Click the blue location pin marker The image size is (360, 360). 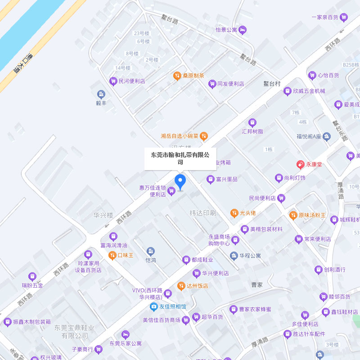click(x=180, y=182)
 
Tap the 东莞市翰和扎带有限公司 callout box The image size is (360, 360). click(x=180, y=158)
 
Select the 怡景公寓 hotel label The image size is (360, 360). click(x=226, y=30)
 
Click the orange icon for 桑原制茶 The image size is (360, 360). click(x=177, y=76)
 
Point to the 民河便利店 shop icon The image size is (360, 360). click(x=113, y=81)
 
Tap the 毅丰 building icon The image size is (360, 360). click(x=101, y=94)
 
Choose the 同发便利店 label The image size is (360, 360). click(x=230, y=84)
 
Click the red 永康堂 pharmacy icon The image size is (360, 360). click(x=300, y=165)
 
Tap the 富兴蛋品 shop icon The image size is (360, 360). click(x=210, y=179)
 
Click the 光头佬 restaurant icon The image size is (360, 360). click(x=234, y=212)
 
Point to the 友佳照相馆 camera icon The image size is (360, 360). click(x=153, y=306)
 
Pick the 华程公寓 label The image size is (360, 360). click(x=250, y=256)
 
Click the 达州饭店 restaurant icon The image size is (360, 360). click(x=181, y=285)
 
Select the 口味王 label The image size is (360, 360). click(x=126, y=255)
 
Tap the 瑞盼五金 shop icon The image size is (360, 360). click(x=32, y=276)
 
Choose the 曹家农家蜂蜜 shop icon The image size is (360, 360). click(x=233, y=309)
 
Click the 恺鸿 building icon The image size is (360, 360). click(x=151, y=251)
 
